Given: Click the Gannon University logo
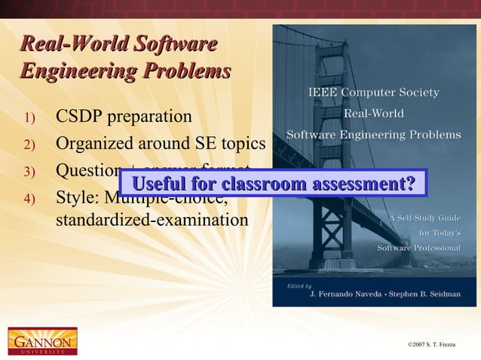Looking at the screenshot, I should pos(42,340).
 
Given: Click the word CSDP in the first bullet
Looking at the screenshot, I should pos(81,117).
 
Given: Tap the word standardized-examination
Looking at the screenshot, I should pos(152,221).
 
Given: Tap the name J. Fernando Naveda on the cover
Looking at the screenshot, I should pos(351,294).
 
